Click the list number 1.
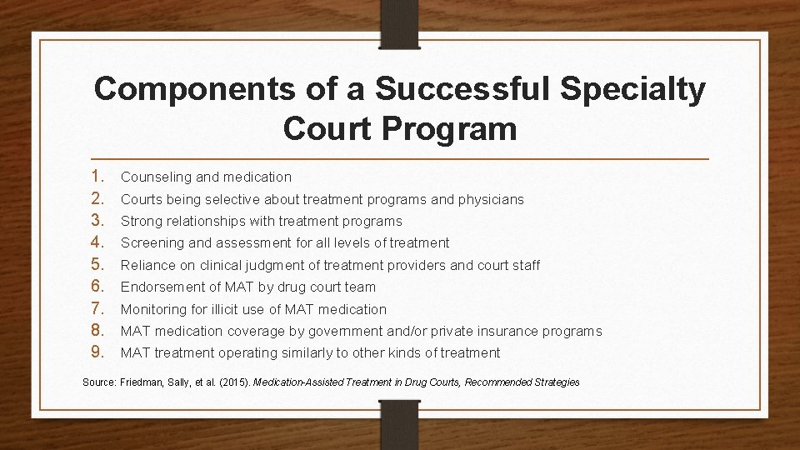(x=98, y=177)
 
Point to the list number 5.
(x=98, y=265)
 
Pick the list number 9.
(x=98, y=352)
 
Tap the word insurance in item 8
(x=512, y=331)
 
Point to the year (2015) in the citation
(x=231, y=382)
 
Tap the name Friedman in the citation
(x=140, y=382)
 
